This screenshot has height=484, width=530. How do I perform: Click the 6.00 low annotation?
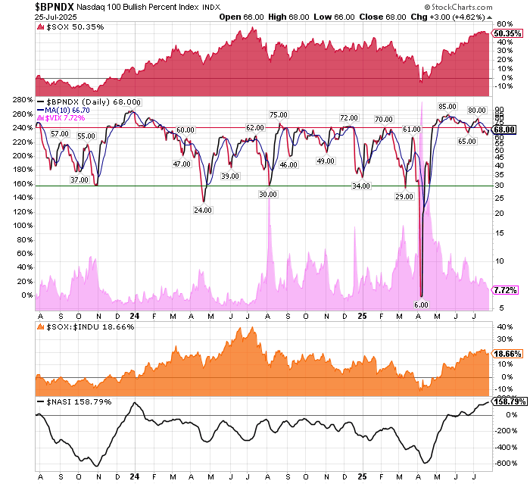(x=422, y=305)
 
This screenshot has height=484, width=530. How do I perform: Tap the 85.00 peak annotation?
(x=447, y=106)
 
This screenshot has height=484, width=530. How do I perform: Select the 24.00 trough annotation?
(x=203, y=211)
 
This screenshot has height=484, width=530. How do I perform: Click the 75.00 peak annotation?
(x=278, y=114)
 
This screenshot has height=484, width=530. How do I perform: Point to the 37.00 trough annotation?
(x=79, y=180)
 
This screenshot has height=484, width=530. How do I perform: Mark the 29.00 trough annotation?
(x=404, y=197)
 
